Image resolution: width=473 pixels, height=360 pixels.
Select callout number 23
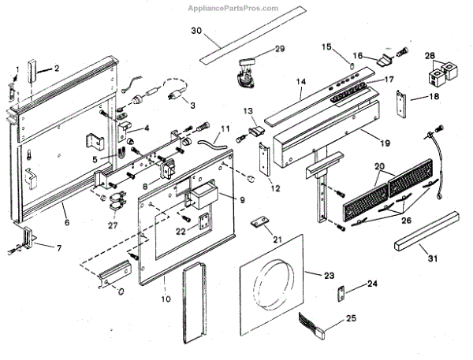[329, 275]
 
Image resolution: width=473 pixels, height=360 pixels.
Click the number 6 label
[66, 223]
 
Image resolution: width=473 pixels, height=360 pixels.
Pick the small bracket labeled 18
[401, 102]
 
